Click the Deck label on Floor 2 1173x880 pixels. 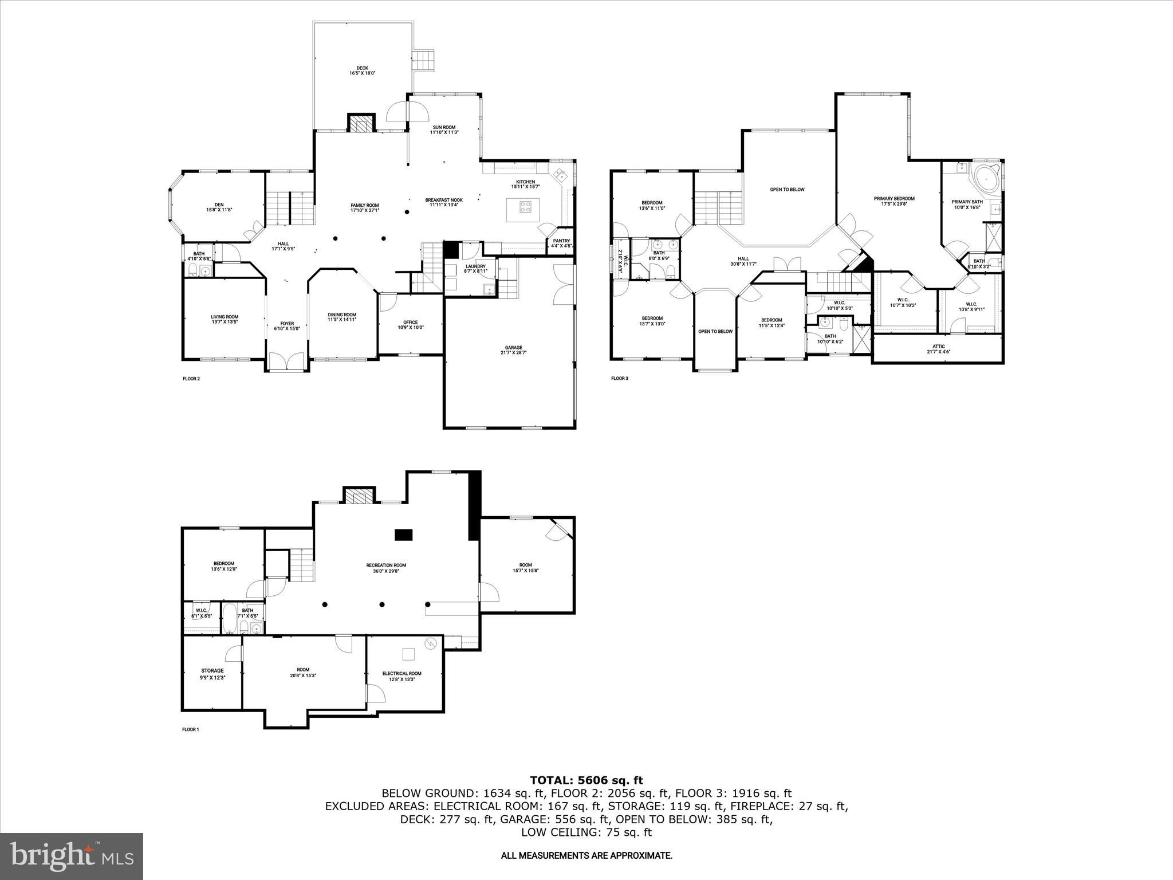click(x=362, y=70)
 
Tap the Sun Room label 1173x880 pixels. click(x=444, y=129)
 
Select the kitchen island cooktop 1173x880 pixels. click(x=526, y=206)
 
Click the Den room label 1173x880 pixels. click(x=219, y=207)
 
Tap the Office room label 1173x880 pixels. click(x=410, y=325)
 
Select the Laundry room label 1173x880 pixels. click(x=475, y=268)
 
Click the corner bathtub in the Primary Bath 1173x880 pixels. click(x=986, y=180)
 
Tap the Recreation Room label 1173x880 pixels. click(x=386, y=568)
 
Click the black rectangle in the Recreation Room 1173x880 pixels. click(x=403, y=534)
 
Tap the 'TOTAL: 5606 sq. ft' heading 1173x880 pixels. click(x=586, y=780)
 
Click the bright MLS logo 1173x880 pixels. click(x=72, y=856)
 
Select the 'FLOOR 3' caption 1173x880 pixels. click(x=620, y=378)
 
